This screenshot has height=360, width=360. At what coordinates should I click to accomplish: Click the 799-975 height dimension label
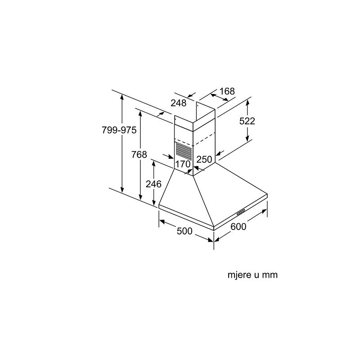[x=119, y=130]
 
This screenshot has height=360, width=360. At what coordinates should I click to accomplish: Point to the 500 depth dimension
[x=184, y=231]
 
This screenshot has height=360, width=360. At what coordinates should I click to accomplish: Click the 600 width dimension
[x=238, y=227]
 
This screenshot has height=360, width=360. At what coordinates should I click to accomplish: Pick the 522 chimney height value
[x=247, y=121]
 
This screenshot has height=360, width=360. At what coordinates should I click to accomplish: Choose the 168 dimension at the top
[x=227, y=91]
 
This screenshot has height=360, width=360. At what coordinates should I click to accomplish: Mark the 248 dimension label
[x=179, y=103]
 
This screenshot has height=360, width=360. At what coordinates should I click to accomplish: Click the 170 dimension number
[x=183, y=164]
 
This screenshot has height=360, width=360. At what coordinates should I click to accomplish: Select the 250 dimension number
[x=204, y=159]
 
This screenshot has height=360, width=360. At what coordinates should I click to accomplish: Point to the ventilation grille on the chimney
[x=183, y=149]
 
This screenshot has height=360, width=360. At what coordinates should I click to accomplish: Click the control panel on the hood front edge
[x=240, y=211]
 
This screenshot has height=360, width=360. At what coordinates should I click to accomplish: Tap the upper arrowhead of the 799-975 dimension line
[x=122, y=96]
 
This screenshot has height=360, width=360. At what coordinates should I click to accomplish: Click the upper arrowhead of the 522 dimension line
[x=247, y=102]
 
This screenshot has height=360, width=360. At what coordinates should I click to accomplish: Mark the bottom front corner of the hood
[x=213, y=227]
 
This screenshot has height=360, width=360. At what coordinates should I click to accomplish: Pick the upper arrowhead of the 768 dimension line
[x=141, y=113]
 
